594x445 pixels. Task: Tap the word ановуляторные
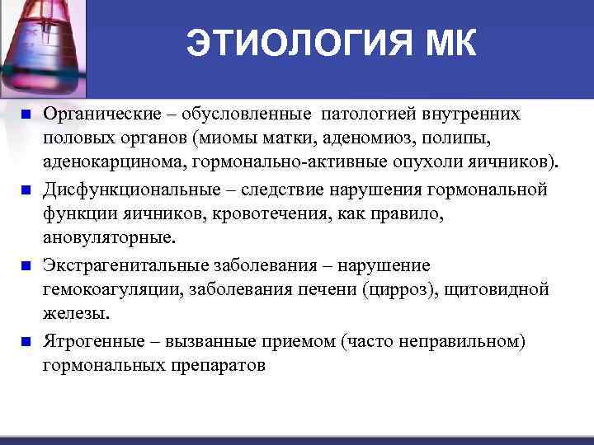[x=108, y=237]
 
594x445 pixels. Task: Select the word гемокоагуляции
[x=112, y=290]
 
